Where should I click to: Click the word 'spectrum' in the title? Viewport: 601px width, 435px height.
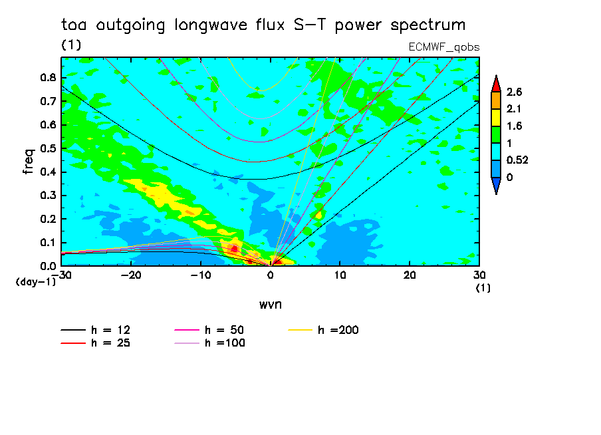[427, 25]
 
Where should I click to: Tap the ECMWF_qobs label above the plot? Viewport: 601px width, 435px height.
[444, 47]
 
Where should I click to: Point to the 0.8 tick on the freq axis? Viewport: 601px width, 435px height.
[49, 77]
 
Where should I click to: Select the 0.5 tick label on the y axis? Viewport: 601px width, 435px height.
[49, 148]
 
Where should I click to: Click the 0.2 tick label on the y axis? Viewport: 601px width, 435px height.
[49, 219]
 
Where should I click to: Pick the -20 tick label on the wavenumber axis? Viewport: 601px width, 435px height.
[131, 275]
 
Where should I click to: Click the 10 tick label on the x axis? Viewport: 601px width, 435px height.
[340, 275]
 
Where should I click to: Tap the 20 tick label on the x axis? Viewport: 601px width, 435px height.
[410, 275]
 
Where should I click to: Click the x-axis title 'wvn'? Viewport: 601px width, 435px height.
[271, 305]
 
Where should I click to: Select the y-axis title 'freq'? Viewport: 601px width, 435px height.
[29, 162]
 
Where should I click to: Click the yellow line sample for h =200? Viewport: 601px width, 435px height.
[300, 330]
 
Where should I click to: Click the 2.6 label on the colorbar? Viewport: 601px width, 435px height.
[514, 92]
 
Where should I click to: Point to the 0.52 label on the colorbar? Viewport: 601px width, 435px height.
[517, 160]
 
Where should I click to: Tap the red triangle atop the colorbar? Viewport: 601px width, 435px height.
[496, 84]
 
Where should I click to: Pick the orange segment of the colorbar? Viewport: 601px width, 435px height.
[496, 100]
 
